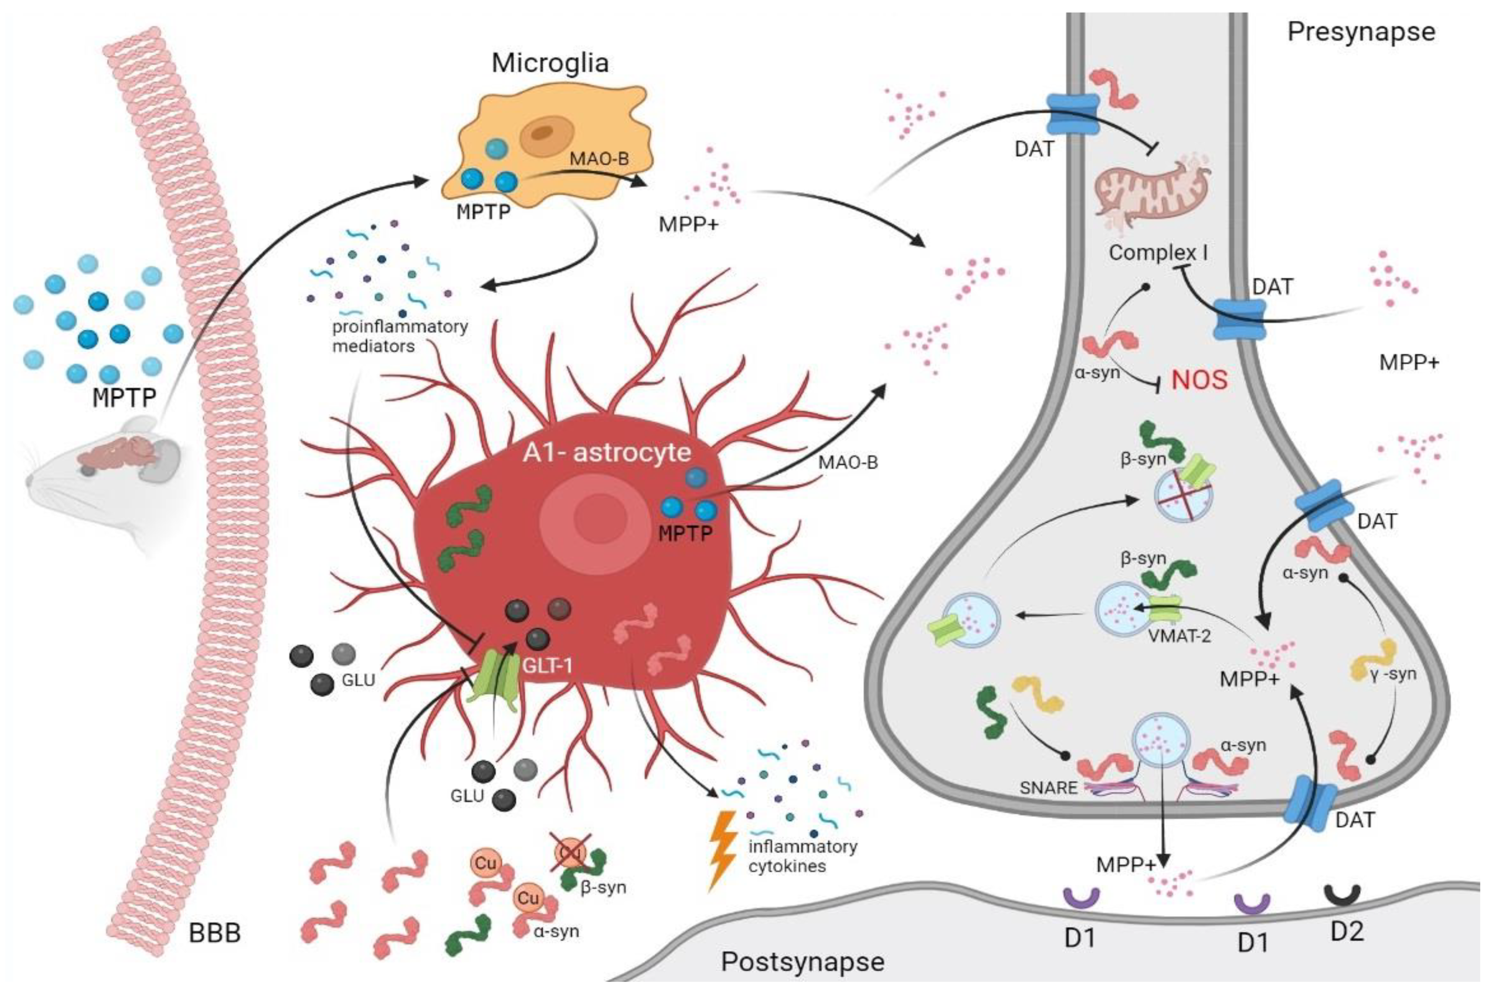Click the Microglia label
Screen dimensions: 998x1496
[x=550, y=63]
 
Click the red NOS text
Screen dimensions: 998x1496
[x=1199, y=380]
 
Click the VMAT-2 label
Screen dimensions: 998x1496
[x=1180, y=635]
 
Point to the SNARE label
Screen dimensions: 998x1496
[x=1048, y=787]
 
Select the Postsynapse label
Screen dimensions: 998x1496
[x=803, y=962]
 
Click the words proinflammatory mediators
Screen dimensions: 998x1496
[x=400, y=336]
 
